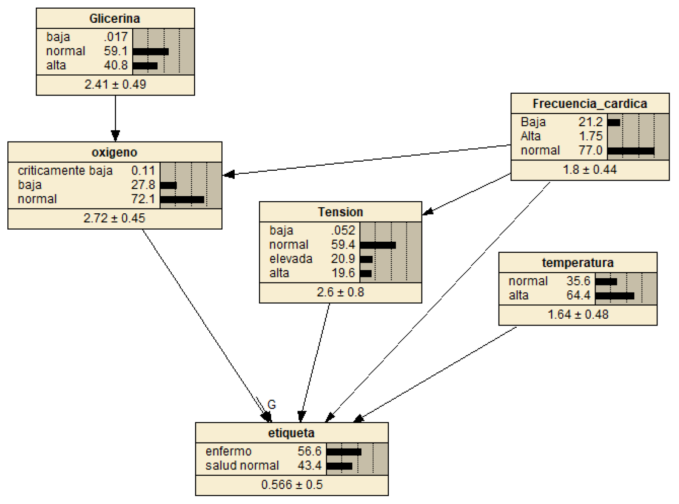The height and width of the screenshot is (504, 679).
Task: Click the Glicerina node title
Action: (x=115, y=18)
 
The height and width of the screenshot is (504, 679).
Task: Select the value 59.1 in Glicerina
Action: (x=115, y=51)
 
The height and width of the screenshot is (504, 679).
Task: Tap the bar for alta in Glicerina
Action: (x=145, y=66)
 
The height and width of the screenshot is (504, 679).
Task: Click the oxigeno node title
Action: (x=115, y=152)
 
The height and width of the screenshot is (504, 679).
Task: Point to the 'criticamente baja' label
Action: (x=65, y=171)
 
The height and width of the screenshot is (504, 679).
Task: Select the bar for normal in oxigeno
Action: (x=182, y=200)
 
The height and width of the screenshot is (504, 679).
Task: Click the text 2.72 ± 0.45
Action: (x=115, y=218)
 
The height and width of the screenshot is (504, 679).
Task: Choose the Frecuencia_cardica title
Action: (x=589, y=104)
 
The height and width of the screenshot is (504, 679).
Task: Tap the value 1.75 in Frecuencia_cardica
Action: (x=590, y=136)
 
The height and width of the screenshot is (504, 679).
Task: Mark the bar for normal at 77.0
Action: (x=631, y=151)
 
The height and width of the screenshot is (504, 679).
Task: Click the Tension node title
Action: (x=340, y=212)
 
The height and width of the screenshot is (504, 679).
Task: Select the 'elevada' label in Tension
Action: (x=291, y=259)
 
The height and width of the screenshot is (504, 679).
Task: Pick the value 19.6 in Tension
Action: (x=343, y=273)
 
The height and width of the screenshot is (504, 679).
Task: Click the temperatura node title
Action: (x=577, y=263)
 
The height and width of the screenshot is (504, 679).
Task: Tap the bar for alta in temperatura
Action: (x=614, y=296)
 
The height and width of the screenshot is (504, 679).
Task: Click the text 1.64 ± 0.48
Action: (x=577, y=314)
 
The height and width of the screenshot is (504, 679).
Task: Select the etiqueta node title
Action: (x=291, y=433)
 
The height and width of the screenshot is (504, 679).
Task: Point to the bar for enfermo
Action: (x=344, y=452)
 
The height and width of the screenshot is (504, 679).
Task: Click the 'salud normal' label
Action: (x=242, y=466)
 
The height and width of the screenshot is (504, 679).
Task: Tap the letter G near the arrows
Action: (x=272, y=405)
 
